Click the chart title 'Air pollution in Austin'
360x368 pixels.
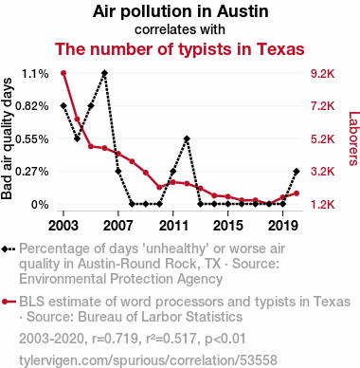(181, 11)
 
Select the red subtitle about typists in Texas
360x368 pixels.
(180, 49)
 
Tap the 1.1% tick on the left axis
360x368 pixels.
(35, 74)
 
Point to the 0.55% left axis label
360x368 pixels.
(32, 138)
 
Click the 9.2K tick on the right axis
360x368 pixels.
(322, 74)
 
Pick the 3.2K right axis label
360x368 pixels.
(322, 172)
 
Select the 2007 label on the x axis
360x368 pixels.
(118, 226)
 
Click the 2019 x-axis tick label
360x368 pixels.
(283, 226)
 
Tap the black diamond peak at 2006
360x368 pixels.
(104, 73)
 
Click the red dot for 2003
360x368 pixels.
(63, 73)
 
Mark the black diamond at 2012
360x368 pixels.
(187, 138)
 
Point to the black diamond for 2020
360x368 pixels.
(297, 171)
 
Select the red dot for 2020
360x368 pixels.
(297, 193)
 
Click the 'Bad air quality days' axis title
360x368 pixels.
(7, 138)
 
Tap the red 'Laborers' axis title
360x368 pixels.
(353, 138)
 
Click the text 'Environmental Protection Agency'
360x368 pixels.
(120, 279)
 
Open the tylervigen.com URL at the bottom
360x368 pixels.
(148, 360)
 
